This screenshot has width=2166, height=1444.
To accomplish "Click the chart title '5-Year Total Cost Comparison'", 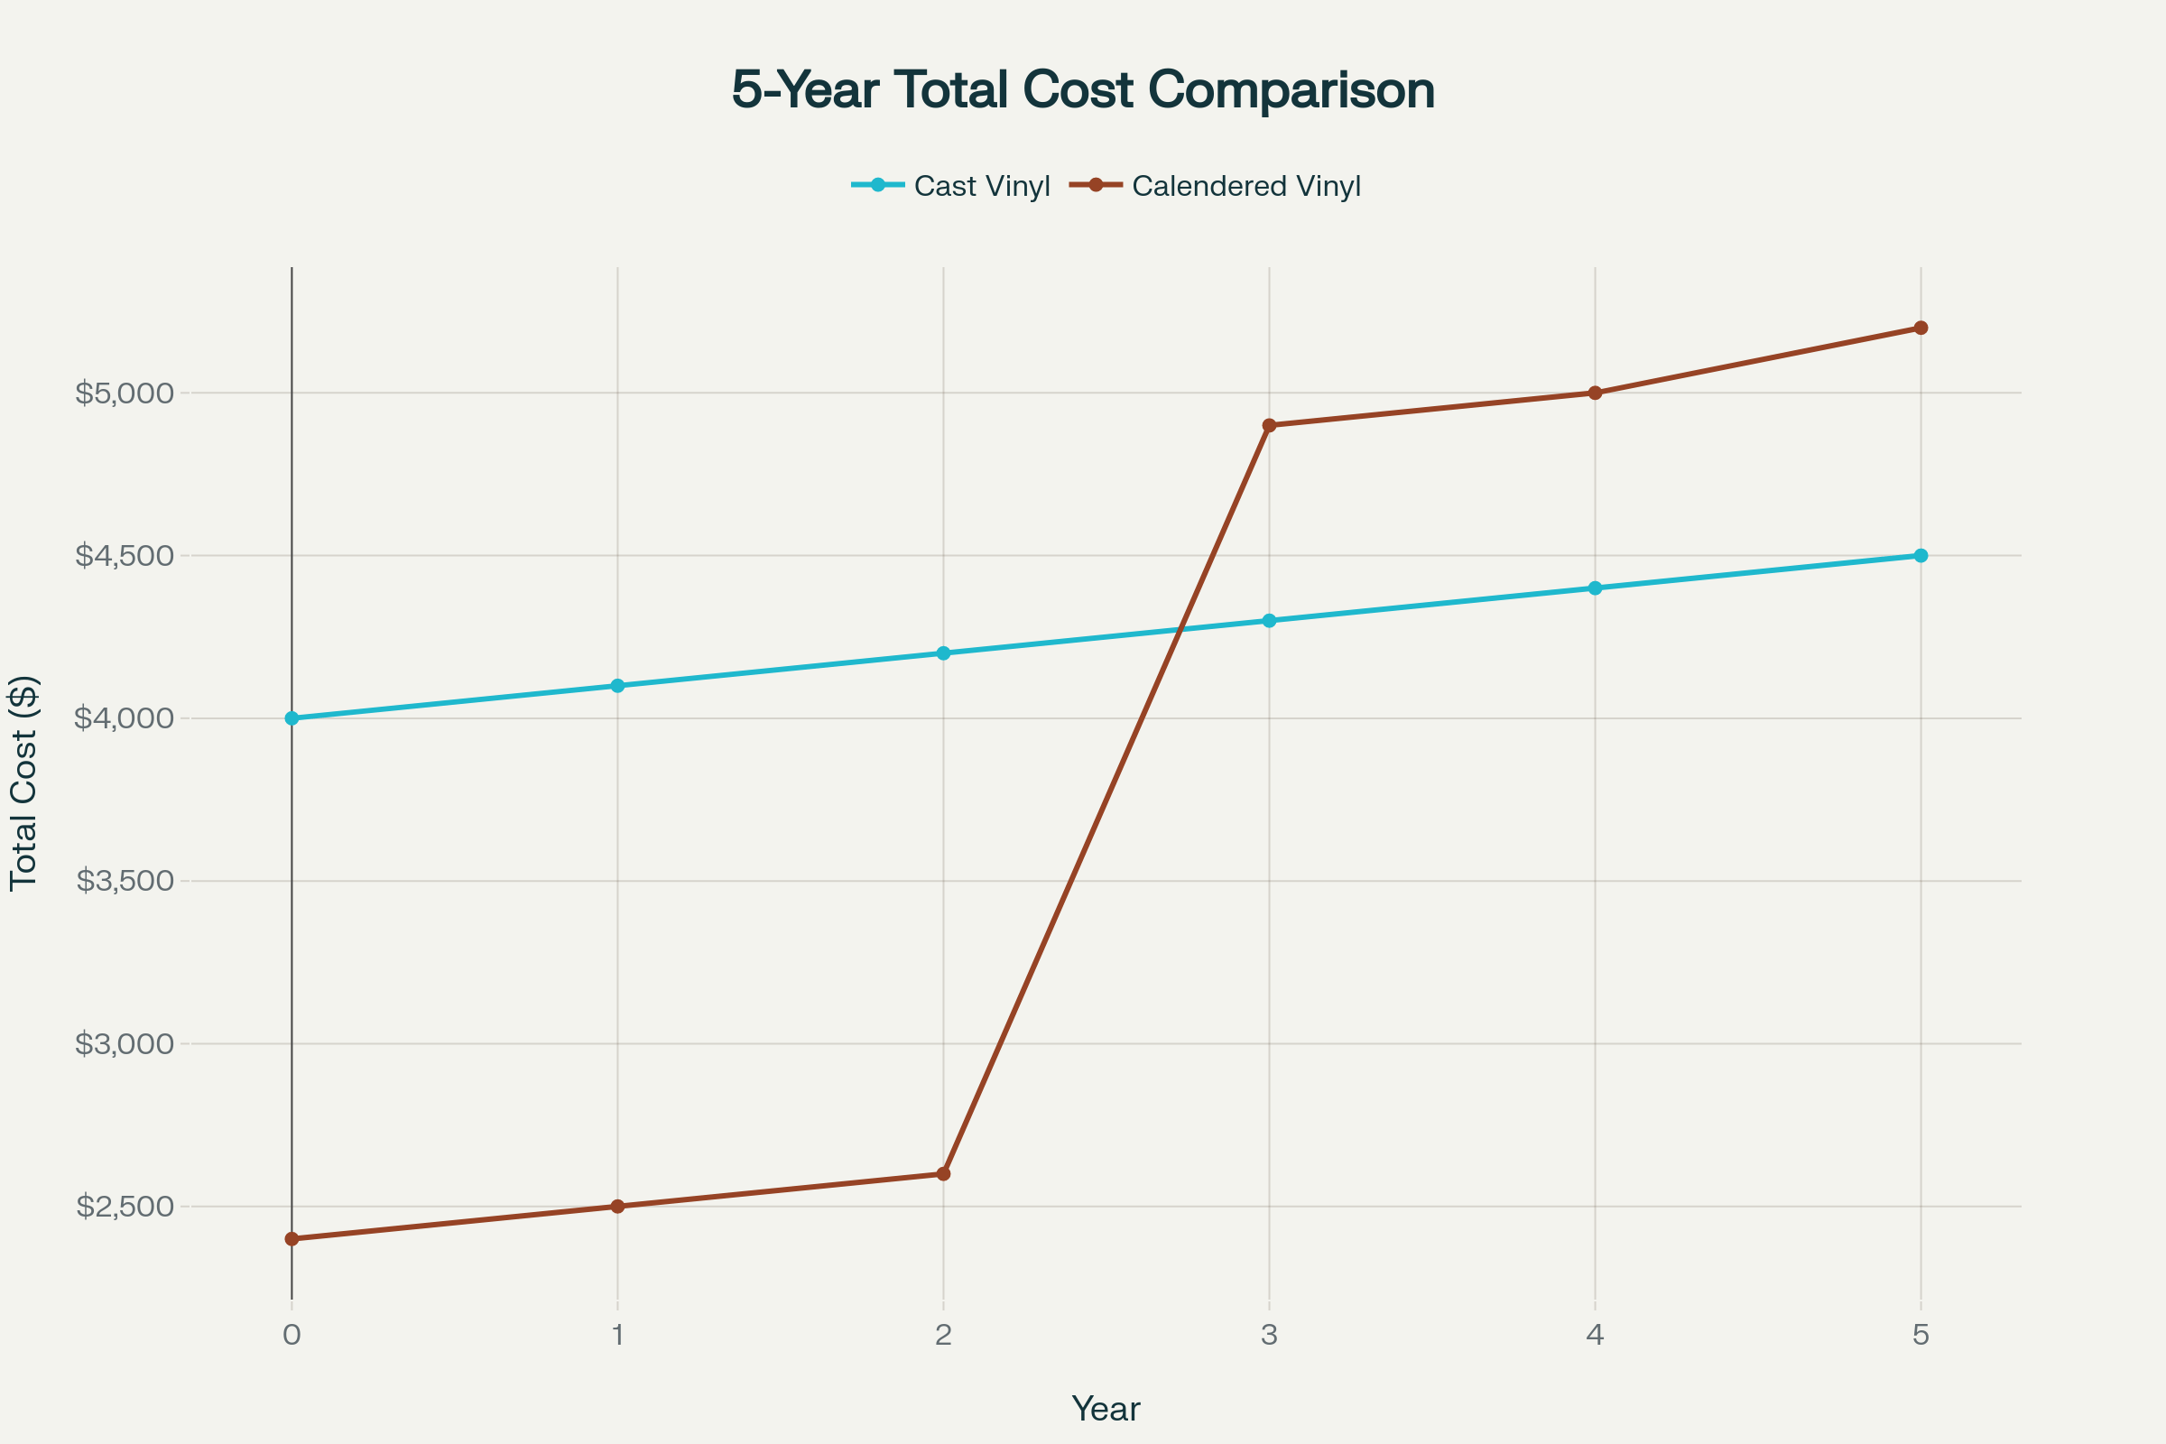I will pos(1083,90).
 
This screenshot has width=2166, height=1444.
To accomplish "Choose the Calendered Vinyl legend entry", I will pos(1216,186).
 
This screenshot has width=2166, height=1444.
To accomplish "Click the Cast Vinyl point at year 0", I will pos(292,718).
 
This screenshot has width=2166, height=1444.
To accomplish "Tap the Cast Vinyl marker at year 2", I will pos(943,653).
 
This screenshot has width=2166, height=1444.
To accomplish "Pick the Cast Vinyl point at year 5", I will pos(1921,555).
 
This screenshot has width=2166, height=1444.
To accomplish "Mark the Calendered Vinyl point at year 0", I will pos(292,1238).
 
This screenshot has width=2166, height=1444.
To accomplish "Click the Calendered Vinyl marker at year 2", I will pos(943,1174).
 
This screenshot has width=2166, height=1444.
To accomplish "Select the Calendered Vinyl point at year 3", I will pos(1269,425).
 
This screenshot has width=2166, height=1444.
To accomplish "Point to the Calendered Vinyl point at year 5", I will pos(1921,328).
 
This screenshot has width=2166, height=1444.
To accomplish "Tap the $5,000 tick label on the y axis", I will pos(125,393).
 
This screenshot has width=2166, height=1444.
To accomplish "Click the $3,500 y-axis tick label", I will pos(125,882).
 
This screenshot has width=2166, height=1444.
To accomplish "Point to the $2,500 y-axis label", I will pos(125,1207).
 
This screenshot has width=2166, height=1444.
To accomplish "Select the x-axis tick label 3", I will pos(1269,1336).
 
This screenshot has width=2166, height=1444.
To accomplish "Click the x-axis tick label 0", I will pos(292,1336).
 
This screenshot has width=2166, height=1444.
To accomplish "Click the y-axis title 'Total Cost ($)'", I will pos(23,782).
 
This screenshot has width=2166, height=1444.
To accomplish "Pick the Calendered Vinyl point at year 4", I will pos(1595,393).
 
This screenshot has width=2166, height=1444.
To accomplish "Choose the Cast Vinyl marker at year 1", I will pos(618,686).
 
